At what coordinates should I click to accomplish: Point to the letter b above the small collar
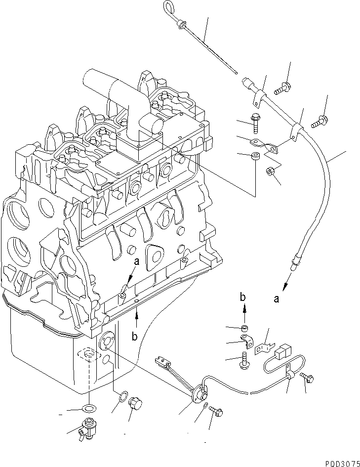pos(242,297)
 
